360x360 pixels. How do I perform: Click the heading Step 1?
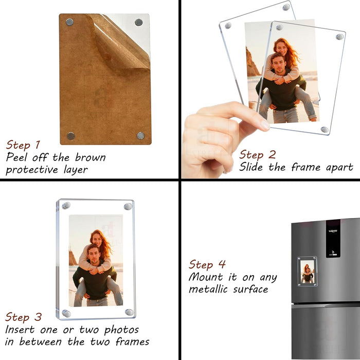point(23,145)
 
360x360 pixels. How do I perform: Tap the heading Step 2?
point(258,154)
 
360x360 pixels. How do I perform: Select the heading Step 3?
point(24,316)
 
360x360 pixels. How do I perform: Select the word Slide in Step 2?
point(252,167)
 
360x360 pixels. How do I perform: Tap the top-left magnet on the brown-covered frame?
point(69,22)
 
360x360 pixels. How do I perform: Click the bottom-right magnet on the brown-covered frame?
point(140,135)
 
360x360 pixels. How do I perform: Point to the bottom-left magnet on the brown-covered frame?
point(70,136)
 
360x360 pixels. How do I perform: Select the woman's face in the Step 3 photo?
point(96,238)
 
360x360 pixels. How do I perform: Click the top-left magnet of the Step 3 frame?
point(66,206)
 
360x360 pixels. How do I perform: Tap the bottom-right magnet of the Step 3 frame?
point(129,312)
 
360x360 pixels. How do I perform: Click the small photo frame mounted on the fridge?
point(307,272)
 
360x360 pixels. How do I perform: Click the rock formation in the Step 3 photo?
point(73,257)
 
